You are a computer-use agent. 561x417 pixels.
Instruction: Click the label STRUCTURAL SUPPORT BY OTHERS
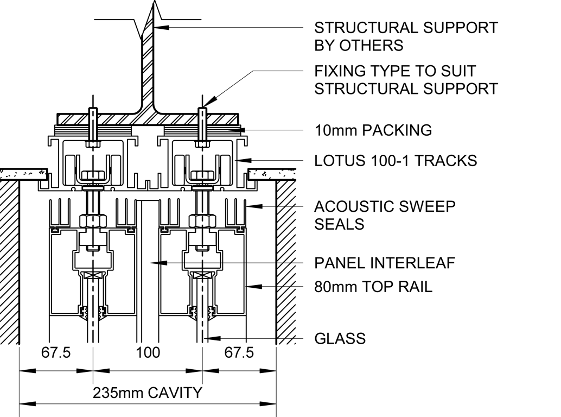click(x=406, y=36)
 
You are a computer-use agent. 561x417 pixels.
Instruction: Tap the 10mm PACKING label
click(x=373, y=130)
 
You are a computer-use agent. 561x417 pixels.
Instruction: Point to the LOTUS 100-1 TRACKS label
click(x=396, y=161)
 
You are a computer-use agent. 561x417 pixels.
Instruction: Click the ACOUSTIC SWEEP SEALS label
click(x=385, y=215)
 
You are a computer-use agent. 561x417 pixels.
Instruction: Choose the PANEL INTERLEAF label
click(x=385, y=263)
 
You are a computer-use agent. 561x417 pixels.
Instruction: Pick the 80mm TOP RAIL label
click(x=373, y=287)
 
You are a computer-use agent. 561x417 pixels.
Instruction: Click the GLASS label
click(x=340, y=339)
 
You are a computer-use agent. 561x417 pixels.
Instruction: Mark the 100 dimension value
click(x=148, y=353)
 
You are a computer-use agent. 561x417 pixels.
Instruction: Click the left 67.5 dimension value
click(x=56, y=353)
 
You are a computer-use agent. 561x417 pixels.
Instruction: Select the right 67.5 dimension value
click(x=239, y=353)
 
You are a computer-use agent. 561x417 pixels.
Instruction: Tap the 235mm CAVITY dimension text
click(x=148, y=393)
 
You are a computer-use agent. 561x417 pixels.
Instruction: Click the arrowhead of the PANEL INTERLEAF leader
click(x=154, y=263)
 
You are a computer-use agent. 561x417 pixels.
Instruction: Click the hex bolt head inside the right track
click(x=202, y=176)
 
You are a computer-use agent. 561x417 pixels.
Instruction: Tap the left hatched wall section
click(x=10, y=261)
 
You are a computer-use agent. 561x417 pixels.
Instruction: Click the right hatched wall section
click(x=286, y=261)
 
